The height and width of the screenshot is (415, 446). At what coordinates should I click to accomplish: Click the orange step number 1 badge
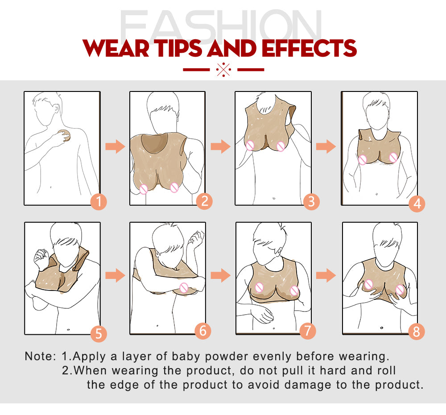[99, 202]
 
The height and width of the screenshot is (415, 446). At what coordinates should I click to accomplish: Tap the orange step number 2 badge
[205, 201]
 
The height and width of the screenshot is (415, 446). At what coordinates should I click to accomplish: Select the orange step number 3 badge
[311, 202]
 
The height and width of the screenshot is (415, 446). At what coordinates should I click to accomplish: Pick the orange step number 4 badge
[417, 203]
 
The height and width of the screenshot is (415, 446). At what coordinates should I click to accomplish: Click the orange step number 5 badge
[99, 334]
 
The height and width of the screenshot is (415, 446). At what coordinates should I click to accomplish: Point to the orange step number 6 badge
[203, 331]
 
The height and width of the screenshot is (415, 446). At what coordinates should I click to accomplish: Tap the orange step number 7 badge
[308, 331]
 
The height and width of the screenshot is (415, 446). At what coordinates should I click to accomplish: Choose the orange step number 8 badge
[417, 331]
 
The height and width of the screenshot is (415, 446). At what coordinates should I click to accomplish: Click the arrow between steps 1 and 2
[115, 146]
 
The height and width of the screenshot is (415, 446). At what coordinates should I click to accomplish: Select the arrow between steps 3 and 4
[326, 146]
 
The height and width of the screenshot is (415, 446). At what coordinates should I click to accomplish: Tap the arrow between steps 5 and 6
[115, 275]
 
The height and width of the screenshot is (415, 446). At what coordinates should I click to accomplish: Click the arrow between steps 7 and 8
[326, 275]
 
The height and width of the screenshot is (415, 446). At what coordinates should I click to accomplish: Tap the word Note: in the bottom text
[41, 357]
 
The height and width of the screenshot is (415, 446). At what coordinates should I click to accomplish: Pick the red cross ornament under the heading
[223, 70]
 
